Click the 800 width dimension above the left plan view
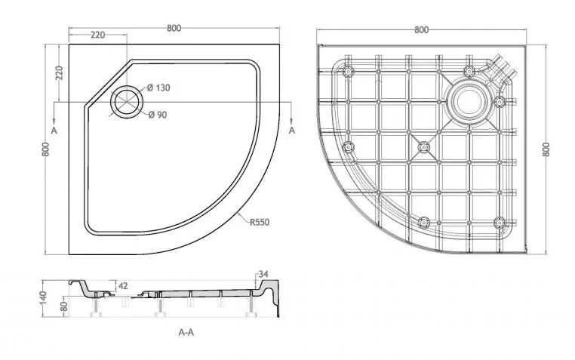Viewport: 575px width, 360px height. [174, 28]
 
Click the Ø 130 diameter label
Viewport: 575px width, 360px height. [158, 88]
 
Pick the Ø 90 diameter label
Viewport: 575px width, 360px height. [156, 114]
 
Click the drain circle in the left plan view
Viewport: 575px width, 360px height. [125, 102]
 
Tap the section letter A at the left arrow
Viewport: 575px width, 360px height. [54, 130]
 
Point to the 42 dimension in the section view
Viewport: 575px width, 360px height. [122, 285]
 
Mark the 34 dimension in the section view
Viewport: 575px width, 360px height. [263, 272]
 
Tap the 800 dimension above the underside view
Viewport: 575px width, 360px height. [421, 29]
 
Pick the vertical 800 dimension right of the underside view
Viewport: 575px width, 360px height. [546, 149]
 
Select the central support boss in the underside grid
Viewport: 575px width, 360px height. [423, 145]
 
